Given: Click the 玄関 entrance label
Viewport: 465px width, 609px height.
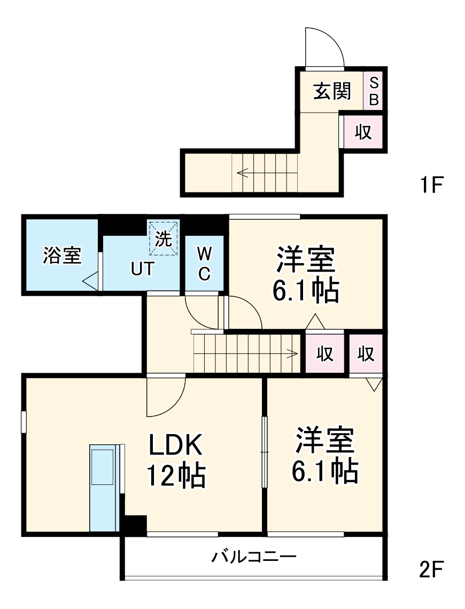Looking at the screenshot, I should pos(332,91).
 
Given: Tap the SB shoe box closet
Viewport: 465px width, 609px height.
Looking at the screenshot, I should pos(374,91).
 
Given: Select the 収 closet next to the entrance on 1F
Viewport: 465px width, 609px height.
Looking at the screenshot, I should pos(363,132).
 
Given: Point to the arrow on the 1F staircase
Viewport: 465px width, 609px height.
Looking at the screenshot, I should pos(243,172).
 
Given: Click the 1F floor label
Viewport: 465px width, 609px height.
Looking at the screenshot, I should pos(431,185).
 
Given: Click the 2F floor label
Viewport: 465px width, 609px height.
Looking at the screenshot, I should pos(431,570).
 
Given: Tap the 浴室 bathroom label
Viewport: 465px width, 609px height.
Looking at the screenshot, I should pos(61,256).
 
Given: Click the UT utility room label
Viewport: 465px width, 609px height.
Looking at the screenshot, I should pos(142,268).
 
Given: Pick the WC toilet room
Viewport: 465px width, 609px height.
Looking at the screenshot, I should pos(204,263).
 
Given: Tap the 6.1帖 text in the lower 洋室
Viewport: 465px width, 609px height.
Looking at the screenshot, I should pos(324,471).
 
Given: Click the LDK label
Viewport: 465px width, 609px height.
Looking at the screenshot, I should pos(175,444).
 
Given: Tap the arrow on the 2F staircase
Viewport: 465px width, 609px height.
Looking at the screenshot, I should pos(292,353).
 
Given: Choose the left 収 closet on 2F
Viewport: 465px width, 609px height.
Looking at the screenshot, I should pos(325,353).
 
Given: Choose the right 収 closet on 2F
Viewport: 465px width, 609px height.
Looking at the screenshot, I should pos(366,353).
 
